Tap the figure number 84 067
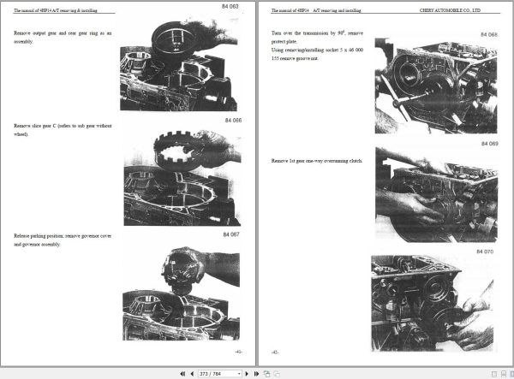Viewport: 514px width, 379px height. pos(232,234)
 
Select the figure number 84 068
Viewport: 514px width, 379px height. pos(487,35)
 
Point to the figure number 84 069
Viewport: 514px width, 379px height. pos(487,144)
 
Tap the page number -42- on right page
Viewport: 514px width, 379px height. pos(275,351)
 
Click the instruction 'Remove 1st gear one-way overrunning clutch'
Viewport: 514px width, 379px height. pos(315,161)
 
